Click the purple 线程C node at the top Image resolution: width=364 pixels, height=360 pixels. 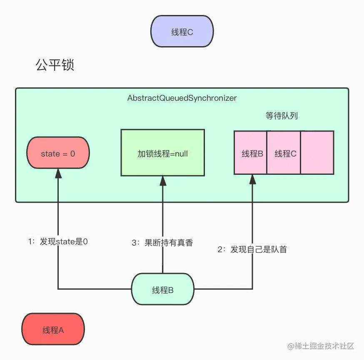coord(182,32)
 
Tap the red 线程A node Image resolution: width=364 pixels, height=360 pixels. coord(53,330)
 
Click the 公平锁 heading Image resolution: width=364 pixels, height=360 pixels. coord(55,65)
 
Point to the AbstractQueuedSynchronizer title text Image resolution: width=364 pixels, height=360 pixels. coord(182,98)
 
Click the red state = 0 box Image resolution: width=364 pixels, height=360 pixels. coord(58,154)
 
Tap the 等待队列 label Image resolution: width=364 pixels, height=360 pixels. coord(282,116)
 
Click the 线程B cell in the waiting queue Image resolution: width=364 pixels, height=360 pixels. coord(250,153)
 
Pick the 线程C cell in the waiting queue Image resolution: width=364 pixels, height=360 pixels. coord(284,153)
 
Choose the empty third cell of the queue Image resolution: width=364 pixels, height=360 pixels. coord(317,153)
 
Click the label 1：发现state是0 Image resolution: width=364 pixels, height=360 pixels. coord(58,241)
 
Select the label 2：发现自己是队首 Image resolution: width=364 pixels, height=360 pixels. coord(252,250)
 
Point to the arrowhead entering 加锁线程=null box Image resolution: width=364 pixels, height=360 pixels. coord(162,181)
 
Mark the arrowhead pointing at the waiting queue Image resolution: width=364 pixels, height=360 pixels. coord(252,179)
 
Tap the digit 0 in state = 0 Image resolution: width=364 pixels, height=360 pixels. coord(72,154)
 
